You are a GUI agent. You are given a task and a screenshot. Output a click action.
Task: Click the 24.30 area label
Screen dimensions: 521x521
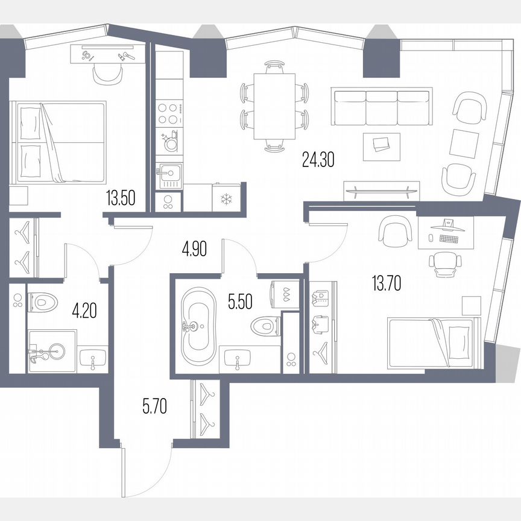(x=317, y=160)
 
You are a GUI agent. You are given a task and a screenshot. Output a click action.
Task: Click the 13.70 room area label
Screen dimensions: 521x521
(x=387, y=282)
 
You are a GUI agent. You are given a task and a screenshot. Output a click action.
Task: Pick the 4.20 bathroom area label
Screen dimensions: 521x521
(x=84, y=311)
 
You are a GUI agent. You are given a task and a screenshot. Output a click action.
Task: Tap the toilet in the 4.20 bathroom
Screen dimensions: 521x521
(x=43, y=301)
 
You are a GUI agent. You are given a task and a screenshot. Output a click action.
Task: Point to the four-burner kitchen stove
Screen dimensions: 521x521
(x=169, y=113)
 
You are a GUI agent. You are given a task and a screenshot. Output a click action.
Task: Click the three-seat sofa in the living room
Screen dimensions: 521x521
(x=382, y=106)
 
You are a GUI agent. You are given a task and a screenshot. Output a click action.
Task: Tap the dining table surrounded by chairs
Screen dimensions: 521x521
(x=275, y=105)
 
